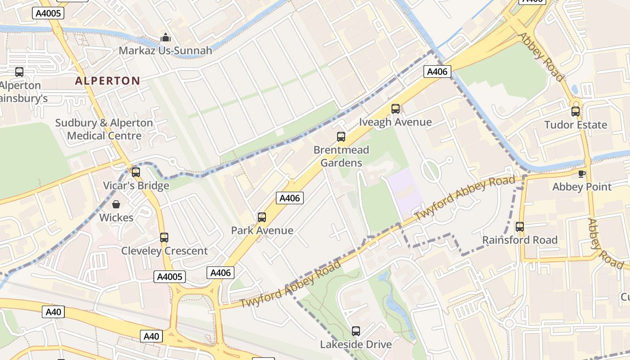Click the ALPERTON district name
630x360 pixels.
pyautogui.click(x=107, y=81)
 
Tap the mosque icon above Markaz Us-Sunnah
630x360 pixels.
pyautogui.click(x=166, y=37)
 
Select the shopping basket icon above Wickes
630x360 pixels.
pyautogui.click(x=116, y=204)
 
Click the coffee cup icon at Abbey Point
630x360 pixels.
pyautogui.click(x=582, y=174)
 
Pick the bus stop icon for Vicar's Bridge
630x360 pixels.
pyautogui.click(x=136, y=172)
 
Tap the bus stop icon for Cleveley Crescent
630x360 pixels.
pyautogui.click(x=164, y=237)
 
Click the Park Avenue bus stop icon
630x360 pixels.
pyautogui.click(x=262, y=217)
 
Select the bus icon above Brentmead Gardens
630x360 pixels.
pyautogui.click(x=341, y=136)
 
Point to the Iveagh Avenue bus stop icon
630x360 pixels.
pyautogui.click(x=396, y=108)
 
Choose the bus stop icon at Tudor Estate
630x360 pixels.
pyautogui.click(x=576, y=111)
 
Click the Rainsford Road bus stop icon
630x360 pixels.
pyautogui.click(x=520, y=226)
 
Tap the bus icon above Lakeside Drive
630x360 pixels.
pyautogui.click(x=356, y=331)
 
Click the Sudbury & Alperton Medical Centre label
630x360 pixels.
pyautogui.click(x=104, y=129)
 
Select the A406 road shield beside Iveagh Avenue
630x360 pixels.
pyautogui.click(x=437, y=72)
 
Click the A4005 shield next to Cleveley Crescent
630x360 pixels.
pyautogui.click(x=170, y=277)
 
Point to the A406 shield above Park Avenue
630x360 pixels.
pyautogui.click(x=290, y=198)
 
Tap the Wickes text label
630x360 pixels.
pyautogui.click(x=116, y=218)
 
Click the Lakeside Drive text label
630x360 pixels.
pyautogui.click(x=355, y=345)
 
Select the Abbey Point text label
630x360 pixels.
pyautogui.click(x=582, y=187)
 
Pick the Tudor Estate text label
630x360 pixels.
pyautogui.click(x=576, y=125)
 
